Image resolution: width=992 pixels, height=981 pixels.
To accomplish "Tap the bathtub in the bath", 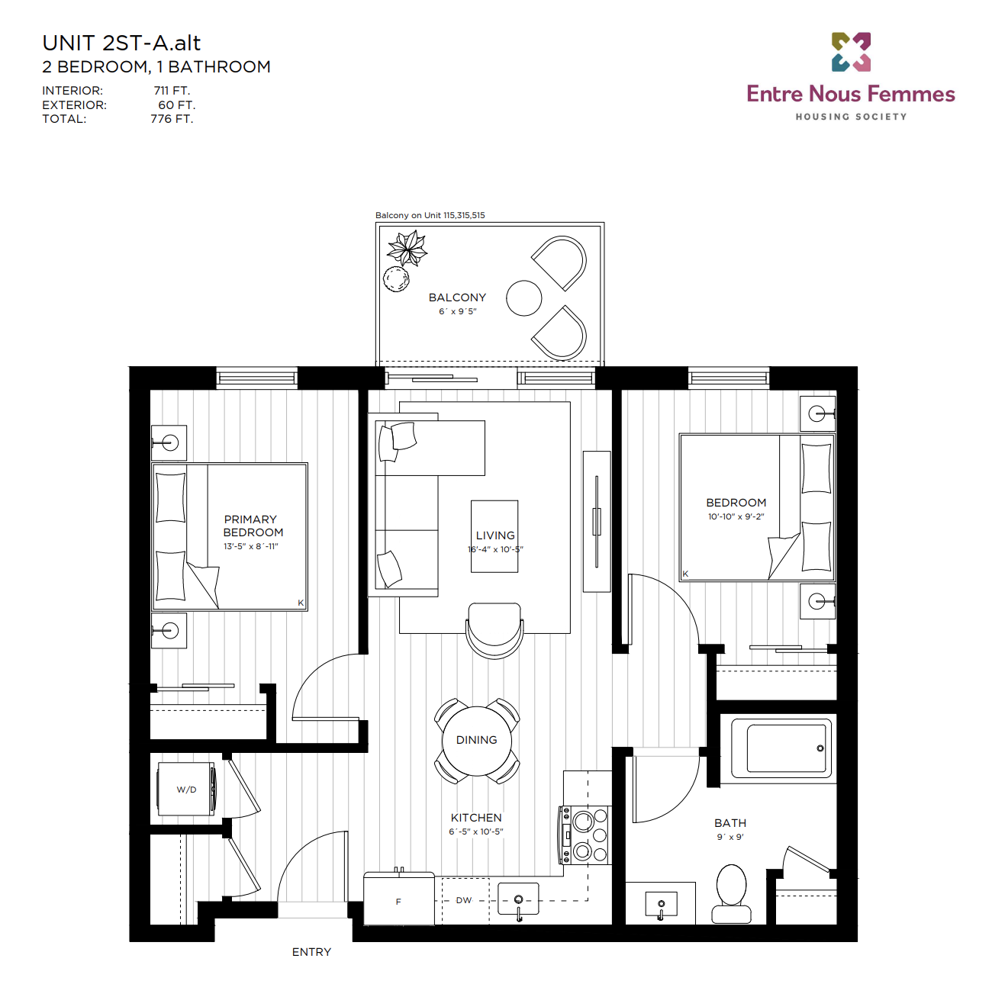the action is tap(781, 748).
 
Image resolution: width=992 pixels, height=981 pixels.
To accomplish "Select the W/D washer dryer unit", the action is tap(186, 789).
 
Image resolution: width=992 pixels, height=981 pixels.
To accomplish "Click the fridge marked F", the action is tap(398, 899).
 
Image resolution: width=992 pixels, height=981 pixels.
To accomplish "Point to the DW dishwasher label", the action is tap(463, 900).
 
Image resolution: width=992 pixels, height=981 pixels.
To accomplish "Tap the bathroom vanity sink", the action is tap(661, 904).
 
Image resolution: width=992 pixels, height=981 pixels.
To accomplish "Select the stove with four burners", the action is tap(585, 835).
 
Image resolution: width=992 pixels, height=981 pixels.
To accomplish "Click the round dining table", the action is tap(477, 741).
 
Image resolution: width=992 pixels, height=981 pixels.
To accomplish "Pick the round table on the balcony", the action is tap(523, 298).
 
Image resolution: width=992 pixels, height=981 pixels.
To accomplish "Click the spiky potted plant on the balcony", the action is tap(407, 248).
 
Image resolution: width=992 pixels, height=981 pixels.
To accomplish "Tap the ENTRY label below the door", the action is tap(311, 952).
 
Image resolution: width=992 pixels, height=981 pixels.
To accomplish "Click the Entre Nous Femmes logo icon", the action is tap(850, 52).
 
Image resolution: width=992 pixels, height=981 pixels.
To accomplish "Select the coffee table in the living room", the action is tap(494, 536).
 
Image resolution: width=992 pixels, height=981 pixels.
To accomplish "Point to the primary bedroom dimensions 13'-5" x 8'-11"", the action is tap(251, 546).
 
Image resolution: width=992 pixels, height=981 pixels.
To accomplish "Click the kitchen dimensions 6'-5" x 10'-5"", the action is tap(475, 831).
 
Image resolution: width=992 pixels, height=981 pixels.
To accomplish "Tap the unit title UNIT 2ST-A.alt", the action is tap(121, 43).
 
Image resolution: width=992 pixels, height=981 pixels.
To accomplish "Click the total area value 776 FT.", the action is tap(172, 119).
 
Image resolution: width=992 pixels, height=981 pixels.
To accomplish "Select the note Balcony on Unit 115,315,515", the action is tap(430, 215).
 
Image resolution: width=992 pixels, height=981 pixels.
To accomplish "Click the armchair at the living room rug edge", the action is tap(494, 631).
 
